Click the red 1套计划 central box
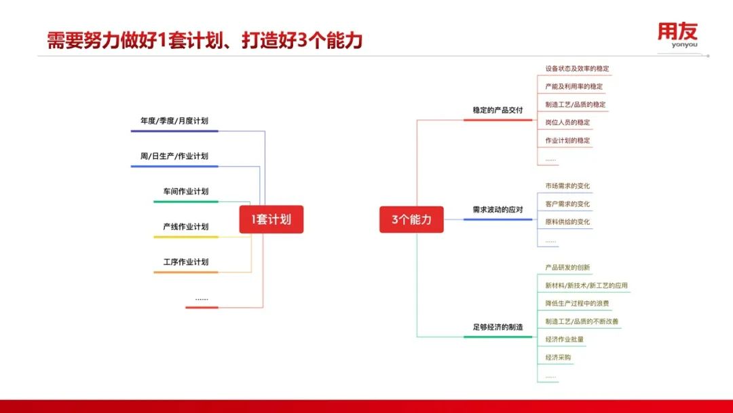pos(271,219)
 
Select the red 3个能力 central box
pos(411,219)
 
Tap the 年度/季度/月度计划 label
pos(174,121)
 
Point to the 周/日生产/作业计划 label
pos(174,156)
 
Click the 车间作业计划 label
pos(185,192)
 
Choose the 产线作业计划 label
pos(185,226)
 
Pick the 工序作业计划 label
pos(185,262)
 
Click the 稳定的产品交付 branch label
pos(497,110)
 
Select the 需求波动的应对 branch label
pos(497,209)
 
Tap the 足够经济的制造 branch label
pos(497,327)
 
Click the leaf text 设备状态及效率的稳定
pos(577,69)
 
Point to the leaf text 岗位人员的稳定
pos(567,122)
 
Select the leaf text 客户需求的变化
pos(567,204)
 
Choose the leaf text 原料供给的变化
pos(567,221)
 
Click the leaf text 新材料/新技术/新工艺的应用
pos(586,285)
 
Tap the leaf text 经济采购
pos(558,357)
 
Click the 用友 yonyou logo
pos(678,35)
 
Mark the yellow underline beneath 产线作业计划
pos(185,237)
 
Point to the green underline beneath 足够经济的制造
pos(497,337)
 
